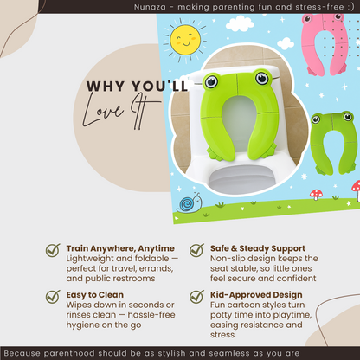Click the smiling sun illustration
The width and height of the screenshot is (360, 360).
[x=187, y=40]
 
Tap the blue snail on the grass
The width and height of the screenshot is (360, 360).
[x=189, y=203]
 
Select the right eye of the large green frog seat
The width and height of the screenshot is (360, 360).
[x=260, y=83]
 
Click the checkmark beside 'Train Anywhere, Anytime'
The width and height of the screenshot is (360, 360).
[x=53, y=250]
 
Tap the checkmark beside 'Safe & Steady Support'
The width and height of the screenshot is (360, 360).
[x=196, y=250]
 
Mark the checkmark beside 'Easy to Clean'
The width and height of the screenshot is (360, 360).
[x=53, y=295]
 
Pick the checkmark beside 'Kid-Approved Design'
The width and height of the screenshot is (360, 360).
[x=196, y=295]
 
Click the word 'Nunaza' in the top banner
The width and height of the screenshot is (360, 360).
[x=182, y=6]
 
